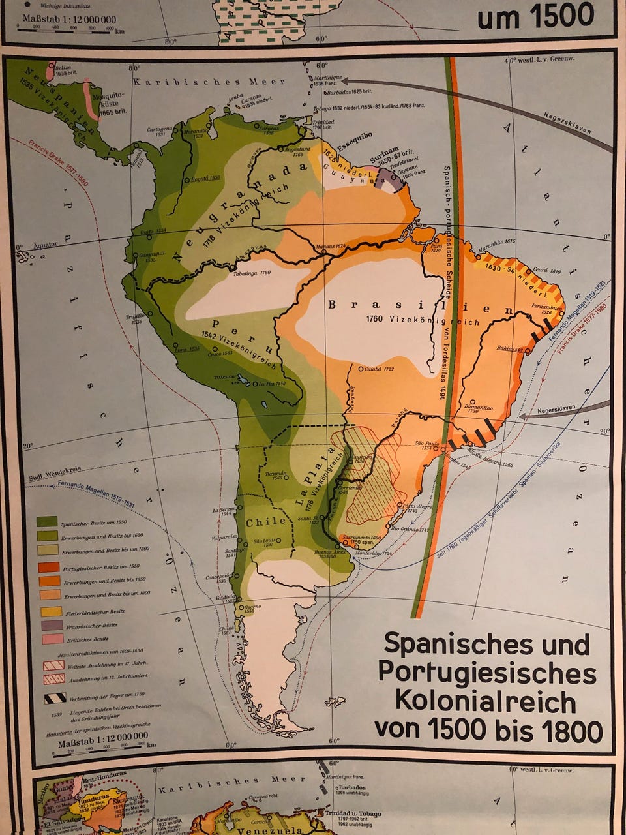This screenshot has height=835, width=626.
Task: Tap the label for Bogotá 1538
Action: click(205, 177)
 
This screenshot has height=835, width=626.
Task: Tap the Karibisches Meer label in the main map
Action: click(209, 82)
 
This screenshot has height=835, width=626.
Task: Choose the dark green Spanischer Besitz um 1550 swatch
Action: click(48, 522)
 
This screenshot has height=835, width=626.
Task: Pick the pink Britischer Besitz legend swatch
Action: click(48, 639)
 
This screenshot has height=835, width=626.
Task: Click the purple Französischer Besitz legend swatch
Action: click(48, 625)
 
